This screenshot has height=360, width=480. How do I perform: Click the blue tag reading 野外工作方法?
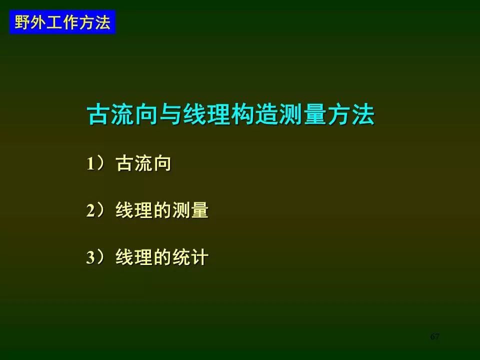point(62,22)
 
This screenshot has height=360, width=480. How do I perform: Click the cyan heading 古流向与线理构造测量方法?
point(231,114)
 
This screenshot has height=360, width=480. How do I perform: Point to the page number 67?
point(434,336)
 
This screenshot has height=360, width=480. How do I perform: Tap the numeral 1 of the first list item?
point(90,163)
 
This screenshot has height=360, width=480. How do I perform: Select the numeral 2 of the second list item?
point(90,210)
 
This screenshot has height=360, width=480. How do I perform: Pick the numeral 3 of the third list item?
point(90,257)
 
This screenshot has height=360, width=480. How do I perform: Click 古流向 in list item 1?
point(143,163)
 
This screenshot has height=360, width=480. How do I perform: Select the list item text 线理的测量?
point(162,210)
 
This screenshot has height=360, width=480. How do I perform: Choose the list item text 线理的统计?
point(162,257)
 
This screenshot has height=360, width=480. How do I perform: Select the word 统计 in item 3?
point(190,257)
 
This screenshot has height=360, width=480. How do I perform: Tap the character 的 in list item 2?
point(162,210)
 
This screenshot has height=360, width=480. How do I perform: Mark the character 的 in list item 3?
point(162,257)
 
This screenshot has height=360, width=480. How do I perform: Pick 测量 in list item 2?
point(190,210)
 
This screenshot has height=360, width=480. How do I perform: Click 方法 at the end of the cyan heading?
point(351,114)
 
